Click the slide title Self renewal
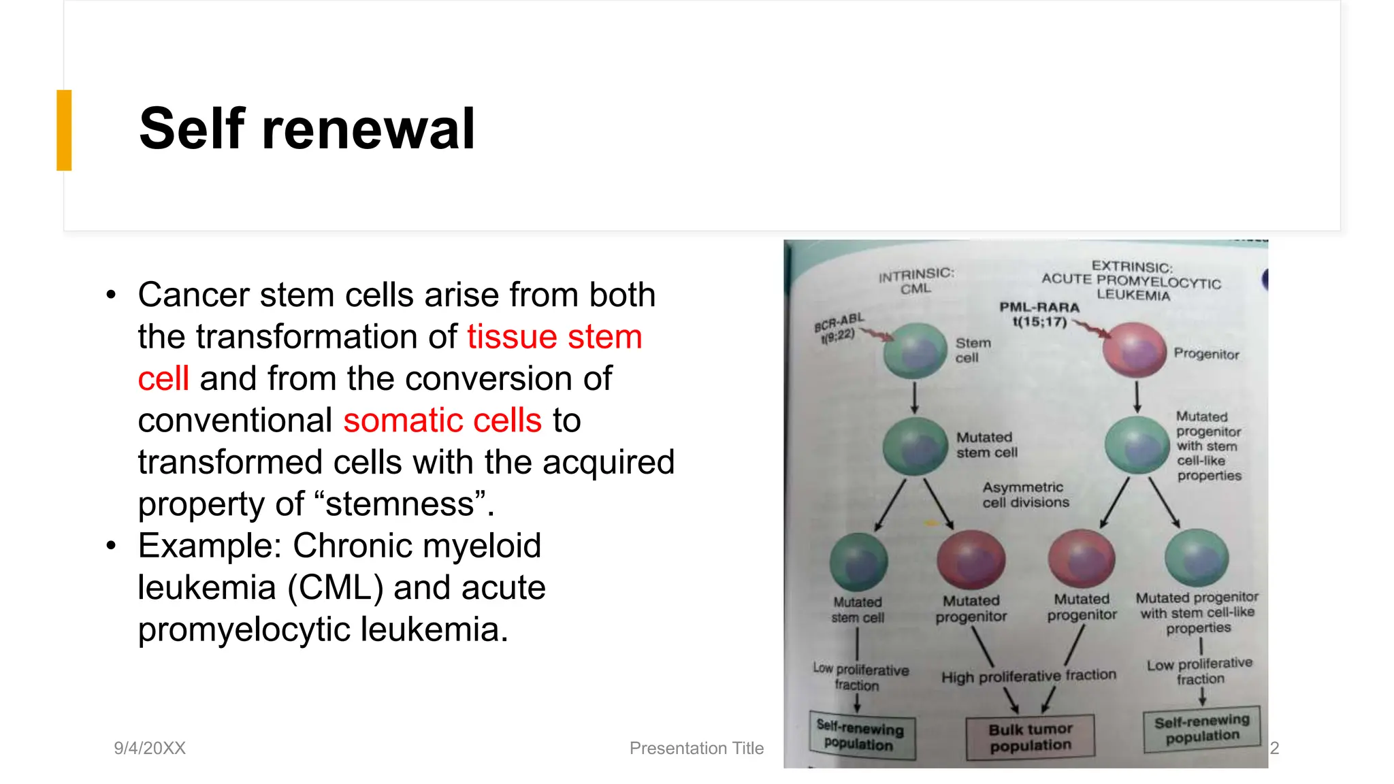pos(306,129)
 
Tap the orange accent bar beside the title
pos(64,130)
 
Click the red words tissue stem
pos(554,336)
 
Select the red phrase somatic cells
pos(442,420)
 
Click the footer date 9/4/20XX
pos(150,748)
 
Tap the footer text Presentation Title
pos(696,748)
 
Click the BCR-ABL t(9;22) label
pos(839,327)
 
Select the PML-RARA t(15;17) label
pos(1039,314)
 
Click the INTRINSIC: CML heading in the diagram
pos(916,280)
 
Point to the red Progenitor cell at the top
pos(1135,350)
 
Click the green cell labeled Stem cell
pos(915,351)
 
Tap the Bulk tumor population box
pos(1030,737)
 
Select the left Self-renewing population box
pos(861,735)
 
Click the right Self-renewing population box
pos(1202,728)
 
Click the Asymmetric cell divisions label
pos(1025,495)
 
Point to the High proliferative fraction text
pos(1028,676)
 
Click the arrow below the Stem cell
pos(915,397)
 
